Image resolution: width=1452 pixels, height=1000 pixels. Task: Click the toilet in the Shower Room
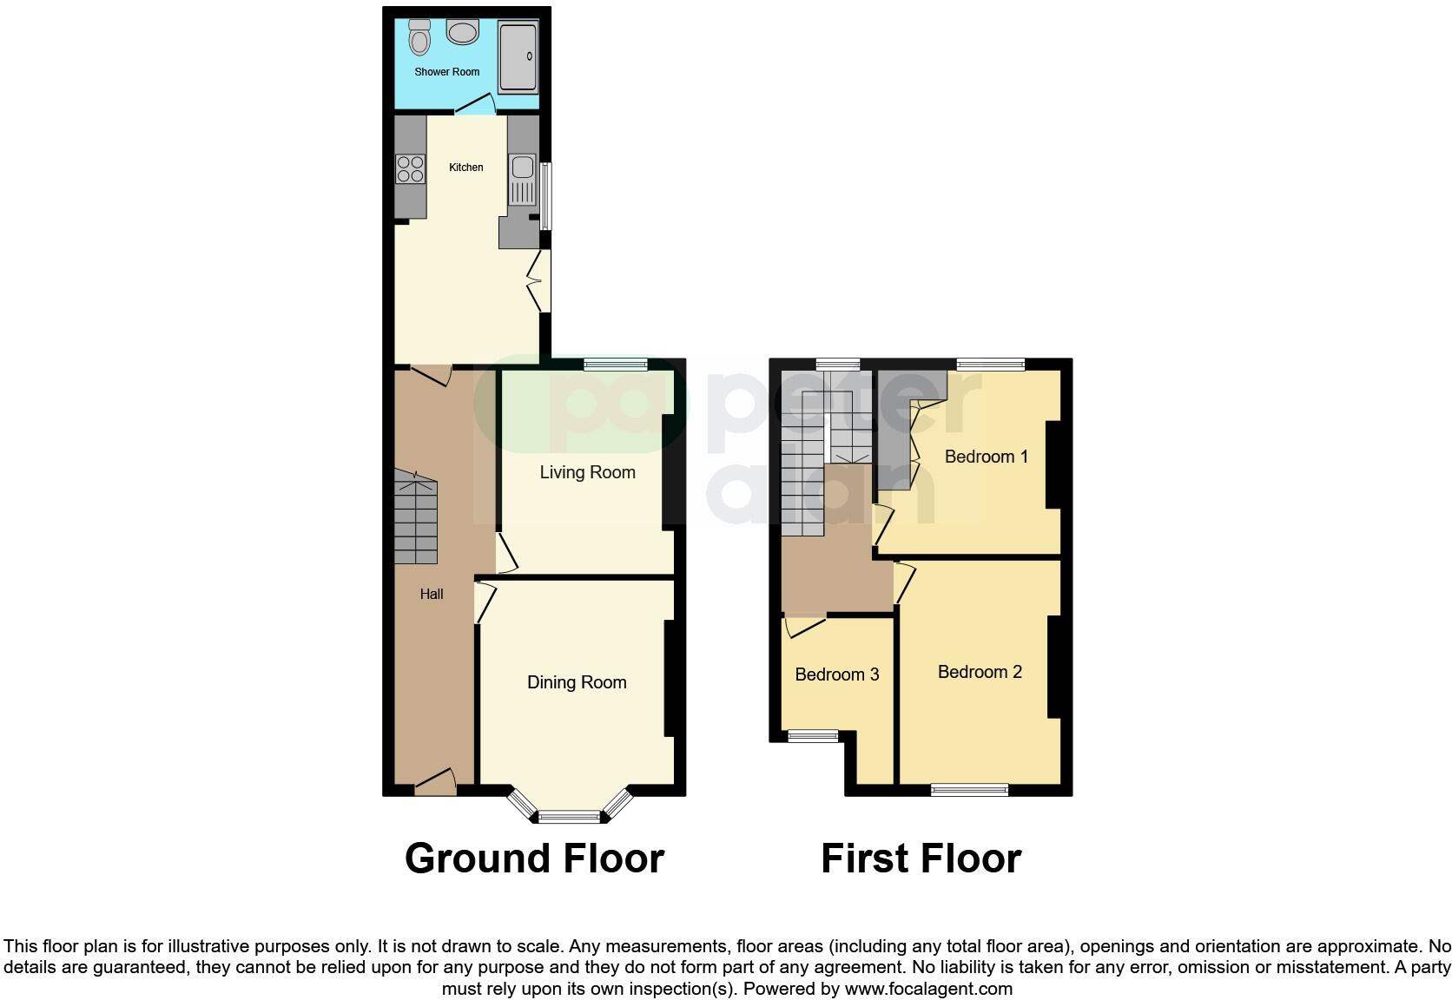pos(420,38)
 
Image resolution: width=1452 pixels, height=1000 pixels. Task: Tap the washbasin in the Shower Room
pos(462,32)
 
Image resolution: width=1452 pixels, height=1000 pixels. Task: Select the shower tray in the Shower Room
pos(518,57)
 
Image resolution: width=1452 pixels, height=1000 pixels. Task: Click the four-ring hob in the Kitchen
pos(410,168)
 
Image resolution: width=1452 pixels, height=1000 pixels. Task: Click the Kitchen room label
pos(465,167)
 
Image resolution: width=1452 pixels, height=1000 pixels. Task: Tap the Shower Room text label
pos(446,72)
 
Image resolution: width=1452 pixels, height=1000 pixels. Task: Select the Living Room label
pos(587,472)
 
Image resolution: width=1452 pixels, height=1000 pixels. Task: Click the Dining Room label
pos(577,682)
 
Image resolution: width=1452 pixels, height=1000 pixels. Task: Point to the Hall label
pos(432,594)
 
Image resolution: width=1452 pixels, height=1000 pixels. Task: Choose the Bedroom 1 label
pos(986,457)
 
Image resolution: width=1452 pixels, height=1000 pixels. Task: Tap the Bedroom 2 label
pos(980,672)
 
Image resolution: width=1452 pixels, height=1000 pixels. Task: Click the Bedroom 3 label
pos(837,674)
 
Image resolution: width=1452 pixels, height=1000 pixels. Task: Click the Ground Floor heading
pos(534,859)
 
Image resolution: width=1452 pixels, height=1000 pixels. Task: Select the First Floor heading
pos(921,859)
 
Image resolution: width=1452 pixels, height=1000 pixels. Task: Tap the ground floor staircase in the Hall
pos(416,517)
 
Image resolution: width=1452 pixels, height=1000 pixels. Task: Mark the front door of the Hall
pos(435,784)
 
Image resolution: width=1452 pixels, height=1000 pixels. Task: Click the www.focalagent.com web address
pos(928,988)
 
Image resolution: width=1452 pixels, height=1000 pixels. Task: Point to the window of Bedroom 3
pos(814,736)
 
